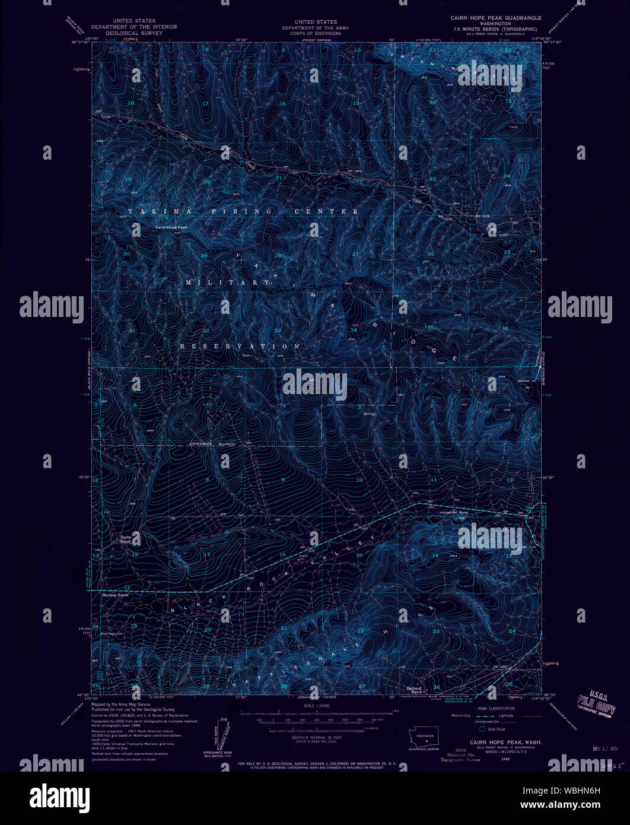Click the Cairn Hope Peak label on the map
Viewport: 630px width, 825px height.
(171, 227)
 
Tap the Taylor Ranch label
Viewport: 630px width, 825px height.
(125, 540)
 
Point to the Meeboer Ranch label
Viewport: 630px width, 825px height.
(115, 595)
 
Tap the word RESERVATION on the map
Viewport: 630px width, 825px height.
(240, 346)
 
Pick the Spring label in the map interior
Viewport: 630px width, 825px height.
(370, 407)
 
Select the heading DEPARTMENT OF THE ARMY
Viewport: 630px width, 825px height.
(315, 28)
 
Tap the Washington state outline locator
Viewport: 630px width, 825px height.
(424, 736)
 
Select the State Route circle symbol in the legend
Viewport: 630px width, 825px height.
(482, 728)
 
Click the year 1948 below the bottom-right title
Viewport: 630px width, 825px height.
(505, 758)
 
